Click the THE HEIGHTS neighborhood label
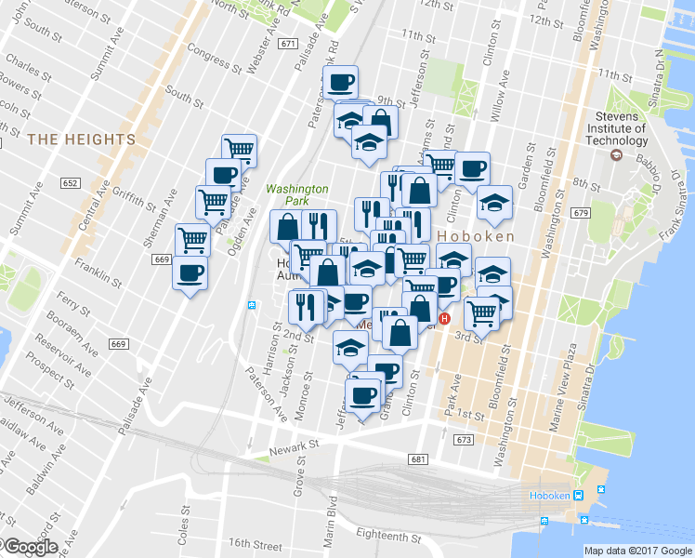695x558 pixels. tap(81, 139)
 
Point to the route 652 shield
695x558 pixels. tap(71, 183)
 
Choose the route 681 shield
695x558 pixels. tap(417, 459)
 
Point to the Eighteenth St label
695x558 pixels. tap(395, 536)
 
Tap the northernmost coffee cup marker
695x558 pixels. tap(340, 82)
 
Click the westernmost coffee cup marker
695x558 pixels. tap(190, 273)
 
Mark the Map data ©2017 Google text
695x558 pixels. tap(637, 550)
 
